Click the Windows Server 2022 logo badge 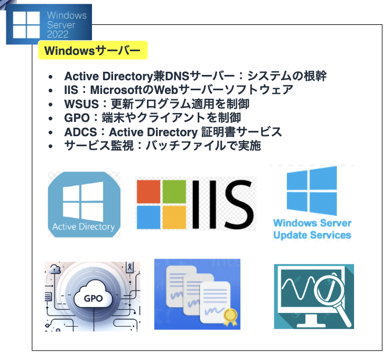tap(49, 24)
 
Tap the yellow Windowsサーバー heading tap(92, 51)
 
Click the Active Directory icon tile tap(84, 204)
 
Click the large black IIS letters tap(222, 203)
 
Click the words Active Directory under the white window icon tap(83, 227)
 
